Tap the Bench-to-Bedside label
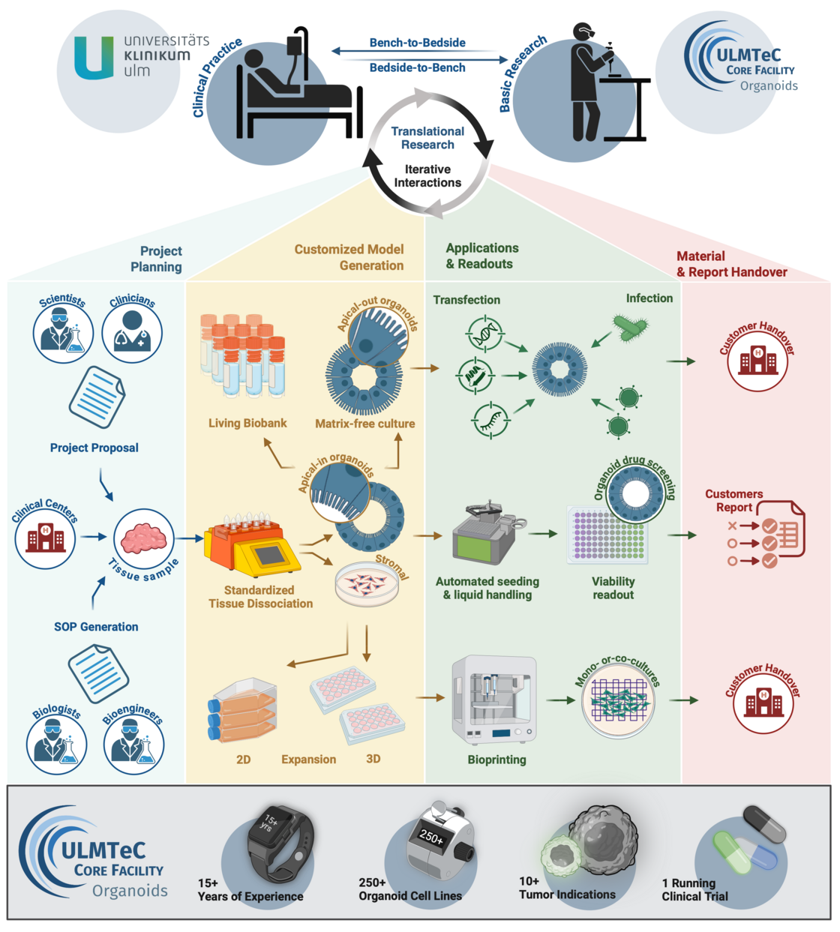point(417,43)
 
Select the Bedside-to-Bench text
point(417,67)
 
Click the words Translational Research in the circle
point(427,138)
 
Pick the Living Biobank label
point(247,423)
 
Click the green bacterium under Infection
point(630,327)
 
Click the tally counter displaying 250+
point(439,840)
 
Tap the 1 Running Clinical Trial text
point(694,889)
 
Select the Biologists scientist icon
point(57,744)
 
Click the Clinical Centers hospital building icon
point(46,538)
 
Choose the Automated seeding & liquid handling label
point(487,588)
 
